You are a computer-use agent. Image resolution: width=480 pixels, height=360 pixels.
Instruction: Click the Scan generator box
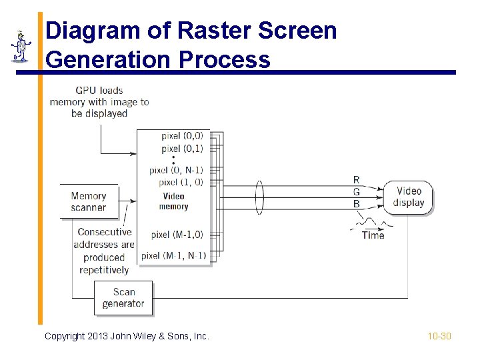(x=123, y=298)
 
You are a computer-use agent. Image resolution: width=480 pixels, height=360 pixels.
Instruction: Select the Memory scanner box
(x=89, y=201)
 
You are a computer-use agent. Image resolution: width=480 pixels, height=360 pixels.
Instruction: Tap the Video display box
(x=409, y=197)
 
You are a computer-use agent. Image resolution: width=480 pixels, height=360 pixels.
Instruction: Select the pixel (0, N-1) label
(x=176, y=170)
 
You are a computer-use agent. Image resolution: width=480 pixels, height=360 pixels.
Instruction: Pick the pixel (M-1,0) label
(x=177, y=235)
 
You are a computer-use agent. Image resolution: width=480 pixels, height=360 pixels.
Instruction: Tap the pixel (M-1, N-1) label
(x=173, y=255)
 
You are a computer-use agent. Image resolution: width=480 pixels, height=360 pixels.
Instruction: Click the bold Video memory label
(x=173, y=201)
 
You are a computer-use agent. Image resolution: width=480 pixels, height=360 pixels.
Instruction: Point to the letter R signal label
(x=356, y=179)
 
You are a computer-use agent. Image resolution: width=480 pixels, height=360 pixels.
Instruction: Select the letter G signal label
(x=356, y=191)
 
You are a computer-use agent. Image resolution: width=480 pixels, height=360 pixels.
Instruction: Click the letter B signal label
(x=356, y=203)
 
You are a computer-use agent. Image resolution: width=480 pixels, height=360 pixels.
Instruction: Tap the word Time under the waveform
(x=373, y=235)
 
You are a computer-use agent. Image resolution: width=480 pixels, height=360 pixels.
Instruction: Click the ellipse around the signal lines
(x=259, y=197)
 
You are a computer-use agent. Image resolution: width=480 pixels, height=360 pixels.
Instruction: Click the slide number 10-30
(x=439, y=336)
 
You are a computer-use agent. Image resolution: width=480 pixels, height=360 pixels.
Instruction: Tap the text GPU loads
(x=99, y=90)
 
